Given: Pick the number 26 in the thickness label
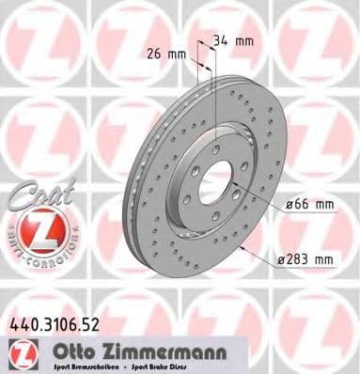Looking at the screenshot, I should point(155,53).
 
